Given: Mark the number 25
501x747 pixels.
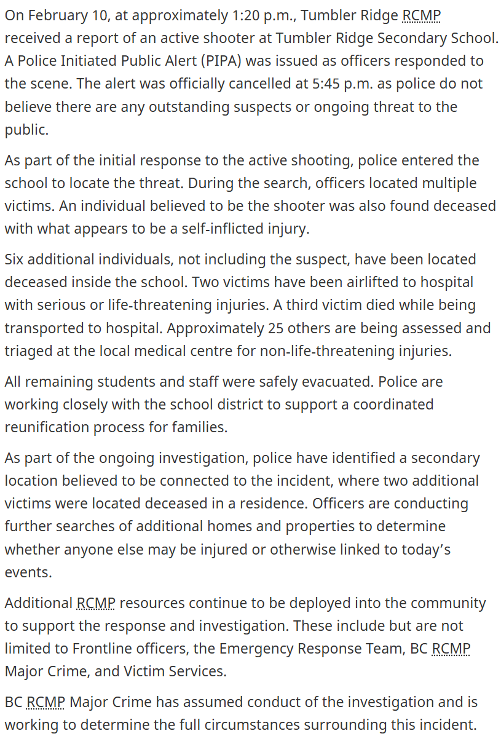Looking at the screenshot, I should pos(275,328).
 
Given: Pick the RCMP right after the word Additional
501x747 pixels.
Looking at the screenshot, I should pos(96,603).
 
